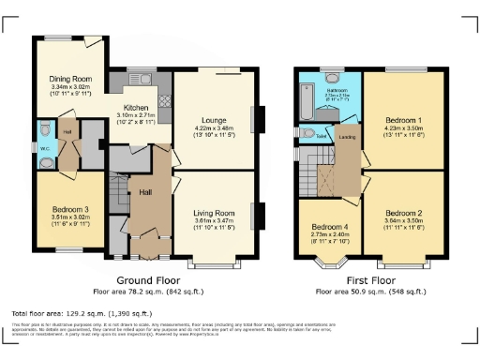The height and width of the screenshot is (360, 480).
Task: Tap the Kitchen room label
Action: point(136,109)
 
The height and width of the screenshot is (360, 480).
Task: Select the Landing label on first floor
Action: point(346,140)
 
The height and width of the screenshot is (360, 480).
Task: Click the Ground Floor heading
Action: point(147,279)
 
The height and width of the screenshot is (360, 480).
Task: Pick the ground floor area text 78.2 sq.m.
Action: point(147,291)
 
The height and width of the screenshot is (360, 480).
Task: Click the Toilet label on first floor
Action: point(321,136)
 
